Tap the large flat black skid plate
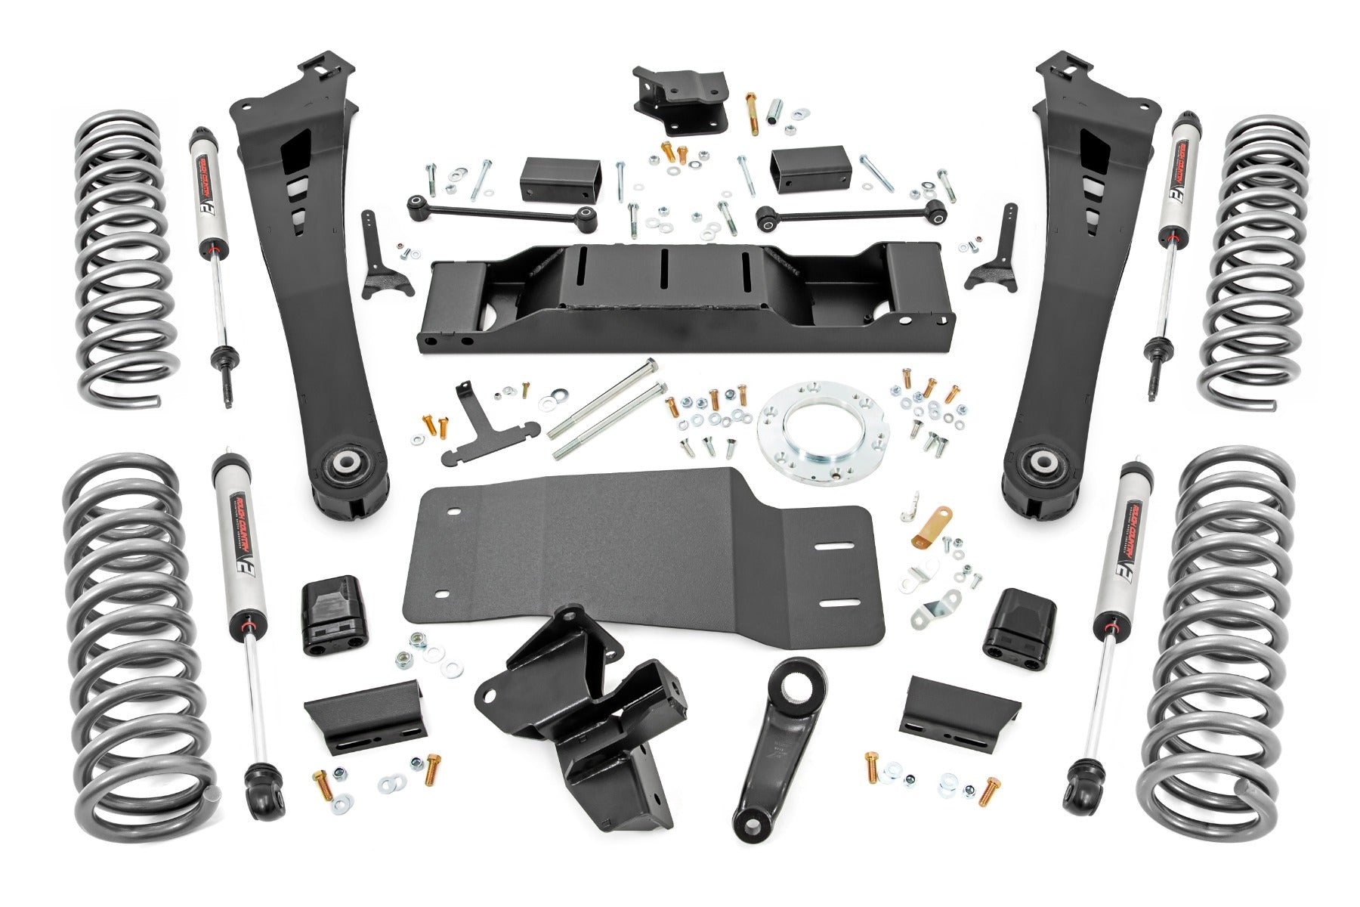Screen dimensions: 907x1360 [642, 559]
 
